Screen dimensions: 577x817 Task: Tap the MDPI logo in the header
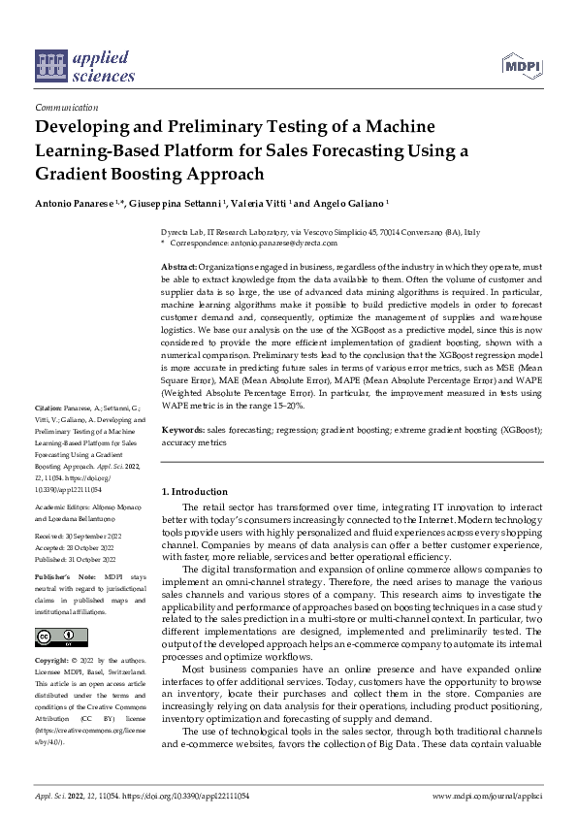520,65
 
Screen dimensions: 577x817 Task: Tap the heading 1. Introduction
195,492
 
